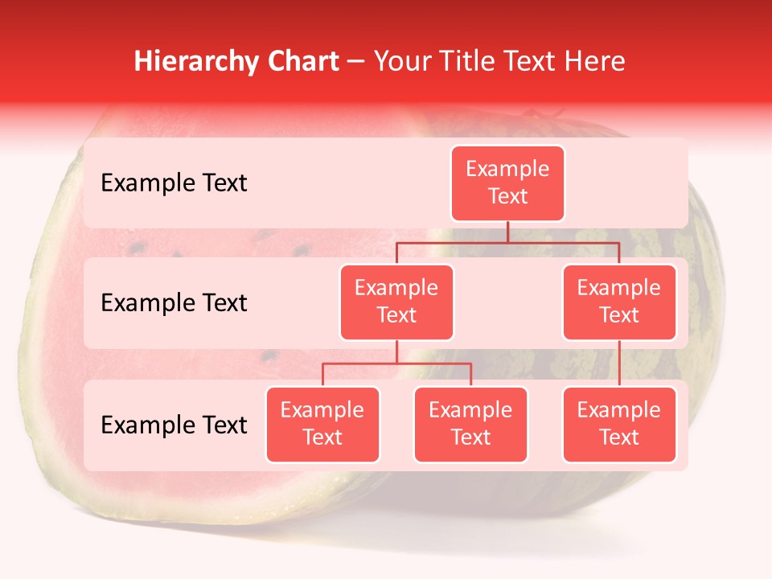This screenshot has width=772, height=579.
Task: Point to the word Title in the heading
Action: tap(469, 61)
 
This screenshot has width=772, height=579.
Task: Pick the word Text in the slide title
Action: tap(531, 61)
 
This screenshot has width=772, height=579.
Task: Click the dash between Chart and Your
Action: tap(356, 62)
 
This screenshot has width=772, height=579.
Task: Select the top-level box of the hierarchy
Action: tap(507, 183)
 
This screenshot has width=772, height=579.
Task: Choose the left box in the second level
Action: tap(396, 302)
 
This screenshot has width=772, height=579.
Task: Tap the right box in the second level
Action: tap(619, 302)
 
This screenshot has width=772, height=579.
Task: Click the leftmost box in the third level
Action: tap(322, 425)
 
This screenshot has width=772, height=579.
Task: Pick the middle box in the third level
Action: tap(470, 425)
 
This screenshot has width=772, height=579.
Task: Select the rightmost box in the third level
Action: tap(619, 425)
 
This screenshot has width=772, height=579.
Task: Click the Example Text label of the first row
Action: tap(174, 183)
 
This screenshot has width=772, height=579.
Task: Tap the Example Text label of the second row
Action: tap(174, 303)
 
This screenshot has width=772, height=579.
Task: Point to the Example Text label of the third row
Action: tap(174, 425)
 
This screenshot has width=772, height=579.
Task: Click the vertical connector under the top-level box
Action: tap(507, 232)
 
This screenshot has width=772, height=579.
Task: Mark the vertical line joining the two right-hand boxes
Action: tap(619, 363)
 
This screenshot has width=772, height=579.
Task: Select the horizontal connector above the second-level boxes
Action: tap(507, 241)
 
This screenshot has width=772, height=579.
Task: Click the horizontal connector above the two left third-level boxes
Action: tap(396, 363)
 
